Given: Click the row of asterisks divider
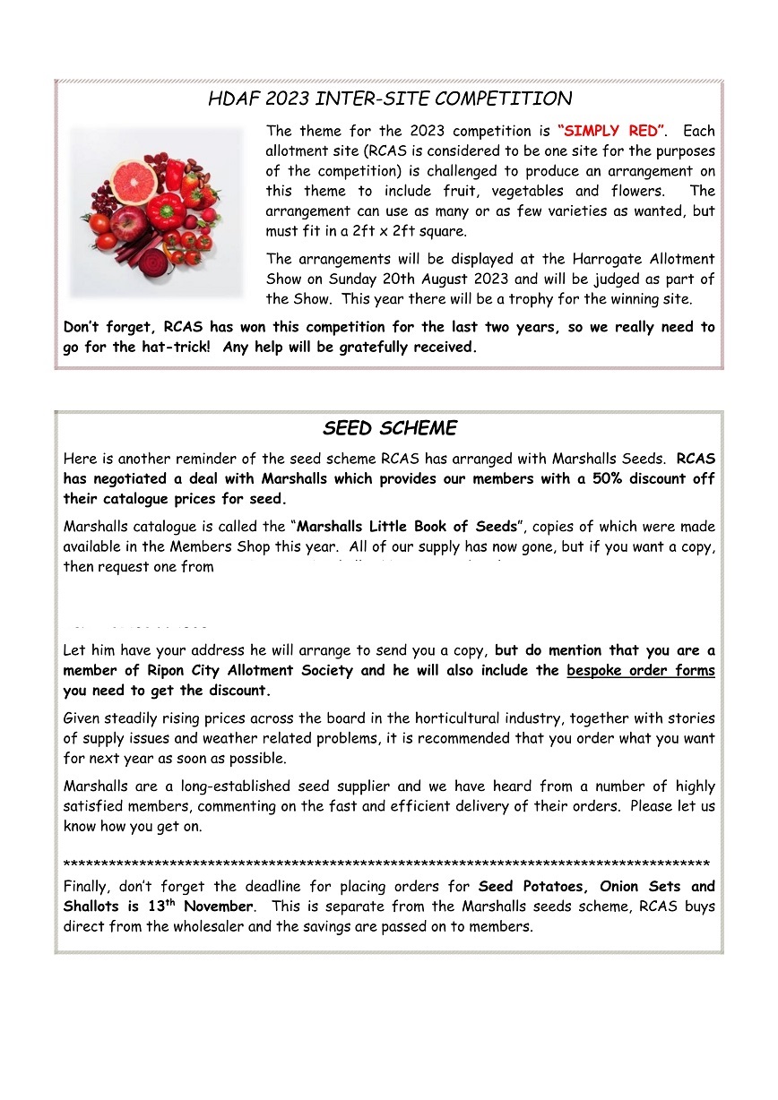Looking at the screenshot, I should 386,864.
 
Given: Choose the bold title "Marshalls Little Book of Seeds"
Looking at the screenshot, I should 407,527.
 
